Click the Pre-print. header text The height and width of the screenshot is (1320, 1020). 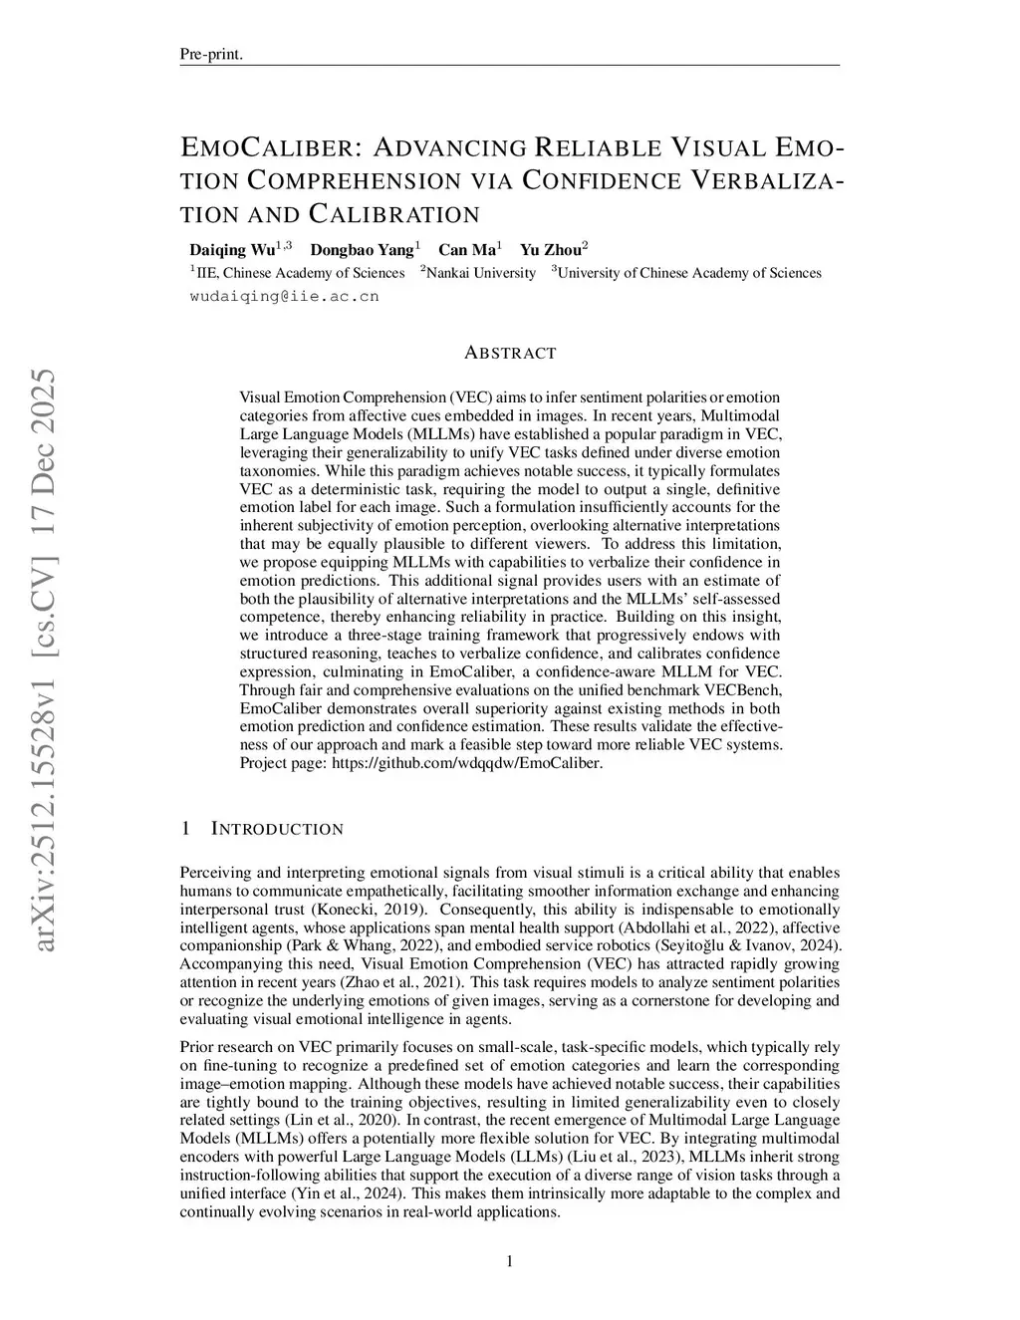click(211, 54)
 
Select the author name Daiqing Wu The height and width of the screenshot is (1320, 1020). click(233, 249)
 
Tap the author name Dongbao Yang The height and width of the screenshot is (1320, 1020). click(361, 249)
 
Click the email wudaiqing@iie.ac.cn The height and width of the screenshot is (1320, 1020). click(284, 296)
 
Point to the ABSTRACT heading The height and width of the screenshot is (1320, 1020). click(510, 353)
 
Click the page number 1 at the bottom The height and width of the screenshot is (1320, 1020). click(510, 1262)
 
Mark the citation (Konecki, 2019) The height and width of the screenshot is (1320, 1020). click(370, 910)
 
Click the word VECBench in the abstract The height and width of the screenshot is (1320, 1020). click(746, 689)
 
